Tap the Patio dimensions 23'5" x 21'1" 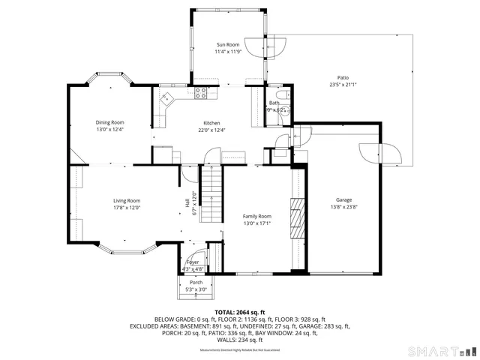343,85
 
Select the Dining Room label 109,122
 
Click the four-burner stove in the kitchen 201,94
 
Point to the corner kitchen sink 166,97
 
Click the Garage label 343,200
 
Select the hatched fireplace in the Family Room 298,217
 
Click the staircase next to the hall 213,193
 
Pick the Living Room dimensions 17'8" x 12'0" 127,208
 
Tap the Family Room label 256,216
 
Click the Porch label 196,283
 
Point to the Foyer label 193,262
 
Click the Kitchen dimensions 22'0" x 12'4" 212,130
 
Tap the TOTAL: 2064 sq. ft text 240,312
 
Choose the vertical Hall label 187,202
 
